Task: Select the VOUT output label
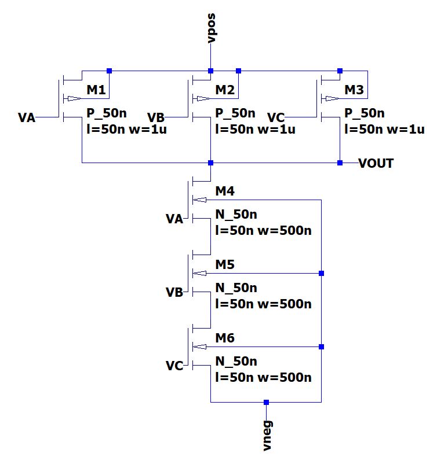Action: [x=376, y=163]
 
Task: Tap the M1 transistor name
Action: [x=97, y=90]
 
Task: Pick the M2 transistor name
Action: [x=225, y=90]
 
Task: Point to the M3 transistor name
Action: [x=354, y=90]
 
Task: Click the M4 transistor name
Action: [x=225, y=191]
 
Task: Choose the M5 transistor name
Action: [x=225, y=264]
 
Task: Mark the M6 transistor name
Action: [x=225, y=338]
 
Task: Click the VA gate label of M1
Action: [x=27, y=118]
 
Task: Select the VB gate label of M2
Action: [x=156, y=118]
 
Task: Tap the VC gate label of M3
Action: [x=276, y=118]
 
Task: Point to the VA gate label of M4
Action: [x=174, y=219]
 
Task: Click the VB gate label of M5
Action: [x=174, y=292]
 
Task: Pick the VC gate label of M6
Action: [x=174, y=366]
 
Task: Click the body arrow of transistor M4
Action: [x=199, y=200]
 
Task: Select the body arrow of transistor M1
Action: [x=74, y=98]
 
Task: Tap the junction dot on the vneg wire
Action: [x=266, y=402]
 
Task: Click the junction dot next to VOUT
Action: [x=340, y=163]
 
